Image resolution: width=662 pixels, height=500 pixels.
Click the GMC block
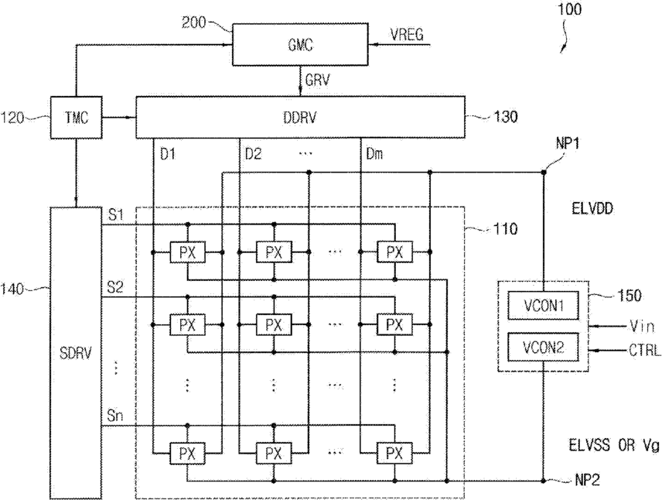coord(301,44)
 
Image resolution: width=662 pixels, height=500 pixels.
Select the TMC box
coord(77,118)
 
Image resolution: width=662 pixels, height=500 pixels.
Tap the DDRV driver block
coord(300,117)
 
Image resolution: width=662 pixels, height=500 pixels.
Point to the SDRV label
coord(76,353)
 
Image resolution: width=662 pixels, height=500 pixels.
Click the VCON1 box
coord(544,305)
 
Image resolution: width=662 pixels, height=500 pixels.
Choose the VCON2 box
coord(544,347)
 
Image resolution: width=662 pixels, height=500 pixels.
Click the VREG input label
coord(407,34)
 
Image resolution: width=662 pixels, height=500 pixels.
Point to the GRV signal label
coord(317,80)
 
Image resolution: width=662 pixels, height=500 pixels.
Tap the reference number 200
coord(194,22)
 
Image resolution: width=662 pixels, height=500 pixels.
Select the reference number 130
coord(505,117)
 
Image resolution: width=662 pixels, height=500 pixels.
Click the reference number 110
coord(505,229)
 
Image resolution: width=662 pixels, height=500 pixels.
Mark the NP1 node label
coord(567,144)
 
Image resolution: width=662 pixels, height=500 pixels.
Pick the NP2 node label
coord(587,480)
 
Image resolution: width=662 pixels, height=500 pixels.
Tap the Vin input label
coord(642,326)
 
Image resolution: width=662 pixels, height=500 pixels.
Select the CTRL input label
coord(645,351)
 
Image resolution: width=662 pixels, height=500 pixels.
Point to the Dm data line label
coord(374,154)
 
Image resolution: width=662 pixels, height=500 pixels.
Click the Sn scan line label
coord(114,416)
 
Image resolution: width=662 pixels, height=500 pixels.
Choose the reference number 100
coord(569,9)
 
